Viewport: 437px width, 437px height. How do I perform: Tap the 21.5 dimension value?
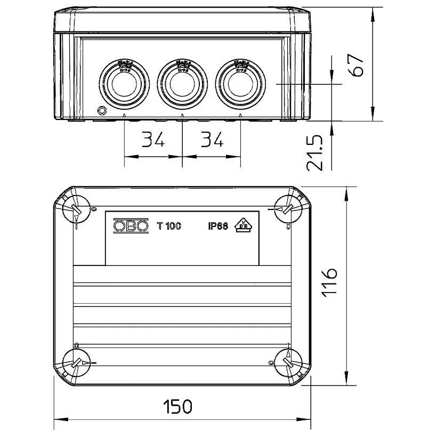pos(315,152)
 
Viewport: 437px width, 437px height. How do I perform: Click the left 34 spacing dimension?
pos(153,140)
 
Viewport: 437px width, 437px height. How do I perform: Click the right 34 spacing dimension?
pos(212,140)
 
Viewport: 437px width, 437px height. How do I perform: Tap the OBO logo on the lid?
pos(131,226)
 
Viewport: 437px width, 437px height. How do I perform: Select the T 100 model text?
pos(169,226)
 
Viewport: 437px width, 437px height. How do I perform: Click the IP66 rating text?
pos(218,226)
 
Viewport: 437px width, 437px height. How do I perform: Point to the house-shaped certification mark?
pos(244,225)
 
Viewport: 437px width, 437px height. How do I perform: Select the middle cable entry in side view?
pos(182,83)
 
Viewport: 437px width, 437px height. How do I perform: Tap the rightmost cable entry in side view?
pos(241,83)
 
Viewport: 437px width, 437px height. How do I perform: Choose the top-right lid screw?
pos(289,209)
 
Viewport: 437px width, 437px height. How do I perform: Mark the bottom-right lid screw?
pos(288,365)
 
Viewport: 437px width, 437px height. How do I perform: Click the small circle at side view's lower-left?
pos(101,111)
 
